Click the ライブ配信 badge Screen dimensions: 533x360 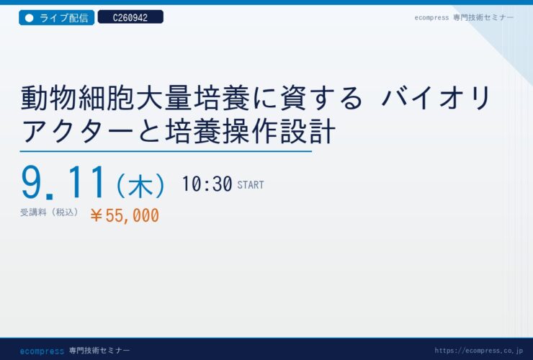(x=56, y=18)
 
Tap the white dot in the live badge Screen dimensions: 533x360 (x=30, y=18)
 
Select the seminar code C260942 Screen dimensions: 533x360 (x=130, y=17)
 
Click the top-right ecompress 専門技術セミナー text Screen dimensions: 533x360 (x=464, y=18)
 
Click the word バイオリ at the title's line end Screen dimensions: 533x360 (x=436, y=98)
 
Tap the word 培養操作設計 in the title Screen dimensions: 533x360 (x=251, y=131)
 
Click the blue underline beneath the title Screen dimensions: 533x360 (x=166, y=151)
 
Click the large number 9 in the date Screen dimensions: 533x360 (x=32, y=182)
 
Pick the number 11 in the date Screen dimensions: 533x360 (x=86, y=182)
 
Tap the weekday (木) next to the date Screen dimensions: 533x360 (x=140, y=186)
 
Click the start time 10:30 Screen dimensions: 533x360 (x=207, y=184)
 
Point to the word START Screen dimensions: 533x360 (x=251, y=185)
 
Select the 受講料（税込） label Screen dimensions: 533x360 (x=49, y=212)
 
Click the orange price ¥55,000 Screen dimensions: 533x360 (x=125, y=215)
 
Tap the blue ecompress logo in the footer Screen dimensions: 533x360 (x=42, y=351)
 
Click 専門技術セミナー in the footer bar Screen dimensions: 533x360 (x=99, y=351)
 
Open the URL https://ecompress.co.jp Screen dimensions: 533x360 (x=478, y=351)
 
